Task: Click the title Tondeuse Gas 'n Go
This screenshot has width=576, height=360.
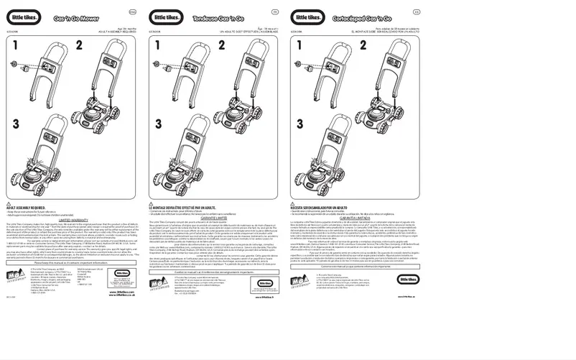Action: (213, 17)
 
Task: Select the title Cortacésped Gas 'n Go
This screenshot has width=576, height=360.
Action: (354, 17)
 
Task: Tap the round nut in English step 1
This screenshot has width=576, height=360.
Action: (15, 63)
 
